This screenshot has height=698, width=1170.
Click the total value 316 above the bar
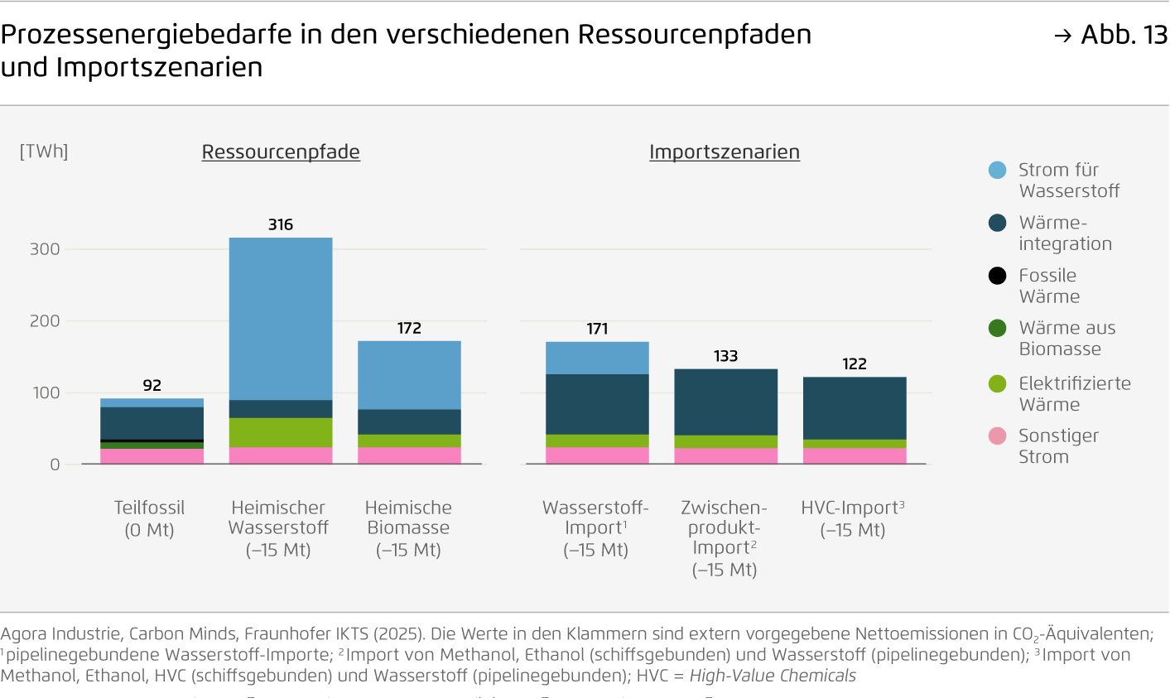pos(281,224)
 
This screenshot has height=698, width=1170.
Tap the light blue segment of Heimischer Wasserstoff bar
pos(281,319)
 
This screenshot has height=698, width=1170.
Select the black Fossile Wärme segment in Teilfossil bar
pos(152,441)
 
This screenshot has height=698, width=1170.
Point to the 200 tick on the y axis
pos(45,321)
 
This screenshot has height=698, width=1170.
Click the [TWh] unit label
pos(44,152)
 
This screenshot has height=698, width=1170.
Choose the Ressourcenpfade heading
pos(281,152)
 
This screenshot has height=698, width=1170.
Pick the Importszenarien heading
pos(725,152)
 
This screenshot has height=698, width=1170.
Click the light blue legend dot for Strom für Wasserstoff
pos(998,171)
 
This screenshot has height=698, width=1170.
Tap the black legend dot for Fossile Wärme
pos(998,276)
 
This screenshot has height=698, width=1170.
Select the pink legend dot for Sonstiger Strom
pos(998,436)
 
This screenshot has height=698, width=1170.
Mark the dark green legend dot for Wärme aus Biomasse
pos(998,329)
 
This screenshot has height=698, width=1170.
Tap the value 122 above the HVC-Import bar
pos(855,364)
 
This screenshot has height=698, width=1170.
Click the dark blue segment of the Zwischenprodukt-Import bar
pos(726,402)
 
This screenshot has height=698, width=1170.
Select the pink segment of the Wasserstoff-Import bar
pos(597,455)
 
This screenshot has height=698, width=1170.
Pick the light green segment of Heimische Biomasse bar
pos(409,440)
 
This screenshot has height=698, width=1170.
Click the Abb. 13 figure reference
pos(1123,35)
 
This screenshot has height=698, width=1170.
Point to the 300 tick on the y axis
pos(45,249)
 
